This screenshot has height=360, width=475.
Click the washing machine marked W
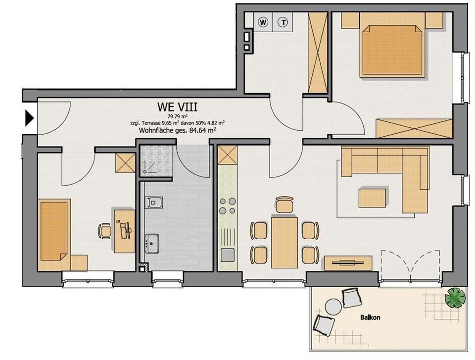pyautogui.click(x=263, y=22)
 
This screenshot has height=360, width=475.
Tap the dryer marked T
pyautogui.click(x=283, y=22)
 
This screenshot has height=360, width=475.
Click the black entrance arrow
pyautogui.click(x=29, y=118)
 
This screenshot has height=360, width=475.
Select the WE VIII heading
pyautogui.click(x=177, y=107)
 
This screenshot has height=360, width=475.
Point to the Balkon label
pyautogui.click(x=370, y=317)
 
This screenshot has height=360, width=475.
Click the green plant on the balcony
pyautogui.click(x=455, y=298)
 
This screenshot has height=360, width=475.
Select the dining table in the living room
pyautogui.click(x=285, y=242)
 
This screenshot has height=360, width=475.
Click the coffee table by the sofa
pyautogui.click(x=372, y=198)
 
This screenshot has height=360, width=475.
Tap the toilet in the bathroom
pyautogui.click(x=153, y=203)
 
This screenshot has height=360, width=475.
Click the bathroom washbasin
pyautogui.click(x=152, y=244)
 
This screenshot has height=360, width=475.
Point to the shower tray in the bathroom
pyautogui.click(x=155, y=160)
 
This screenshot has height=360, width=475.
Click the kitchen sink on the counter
pyautogui.click(x=228, y=255)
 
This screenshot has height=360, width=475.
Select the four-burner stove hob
pyautogui.click(x=228, y=206)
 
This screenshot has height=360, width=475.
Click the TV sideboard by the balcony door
pyautogui.click(x=348, y=263)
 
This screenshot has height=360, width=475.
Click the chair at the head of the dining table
pyautogui.click(x=285, y=205)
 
